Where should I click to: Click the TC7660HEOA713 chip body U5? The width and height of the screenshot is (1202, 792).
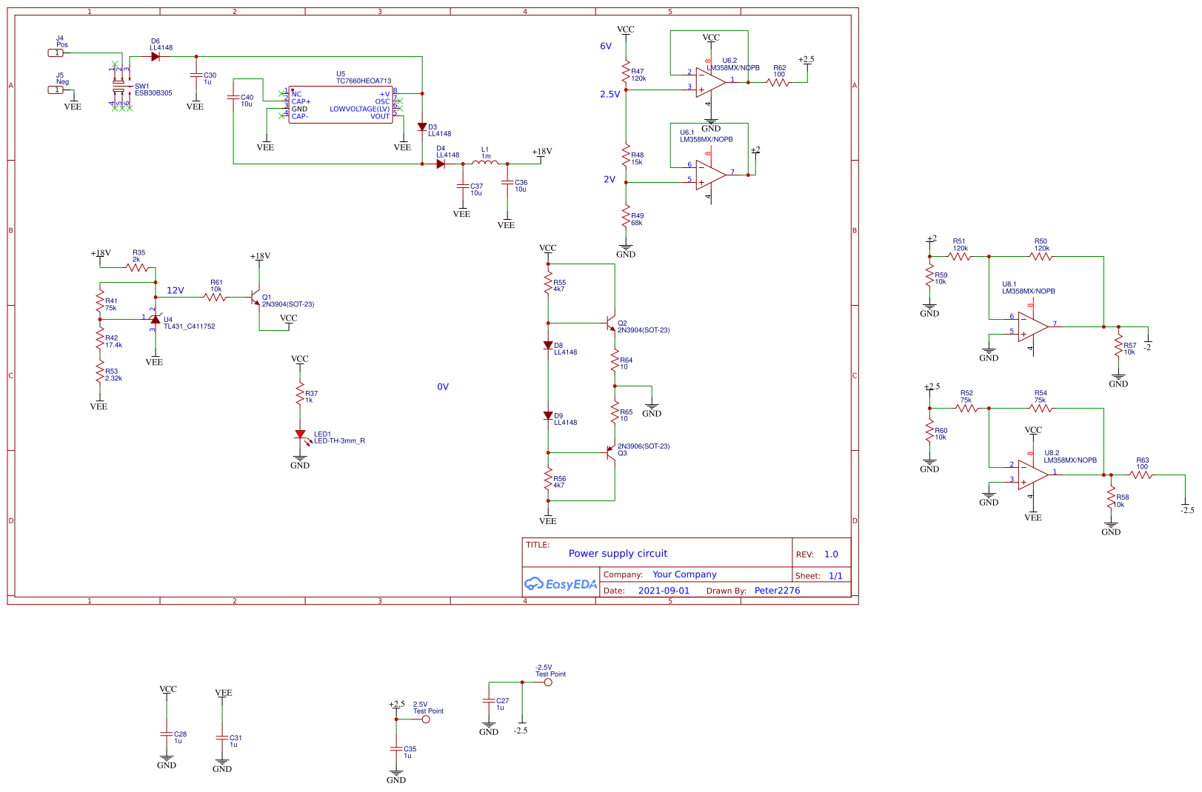click(341, 104)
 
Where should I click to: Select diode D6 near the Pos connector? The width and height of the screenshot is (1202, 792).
click(155, 56)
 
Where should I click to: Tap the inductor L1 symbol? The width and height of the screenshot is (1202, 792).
click(485, 163)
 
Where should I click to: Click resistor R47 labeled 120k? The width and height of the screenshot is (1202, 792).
click(626, 72)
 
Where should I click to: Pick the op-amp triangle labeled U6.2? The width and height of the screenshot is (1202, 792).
click(710, 81)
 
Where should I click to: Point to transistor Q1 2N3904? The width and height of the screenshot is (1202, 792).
click(256, 298)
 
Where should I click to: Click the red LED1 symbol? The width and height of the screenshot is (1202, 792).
click(300, 434)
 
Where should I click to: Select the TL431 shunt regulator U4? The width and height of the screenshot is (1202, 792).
click(155, 319)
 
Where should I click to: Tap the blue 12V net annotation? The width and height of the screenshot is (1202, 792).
click(175, 290)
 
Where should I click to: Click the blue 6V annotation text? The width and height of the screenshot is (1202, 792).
click(606, 46)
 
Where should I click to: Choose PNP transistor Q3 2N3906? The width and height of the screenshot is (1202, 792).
click(611, 452)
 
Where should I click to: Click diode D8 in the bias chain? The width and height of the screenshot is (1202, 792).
click(548, 345)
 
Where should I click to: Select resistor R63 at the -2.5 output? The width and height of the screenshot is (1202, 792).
click(1141, 474)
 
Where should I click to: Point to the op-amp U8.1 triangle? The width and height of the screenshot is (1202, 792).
click(1032, 326)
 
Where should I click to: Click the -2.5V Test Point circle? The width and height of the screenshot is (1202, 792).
click(548, 682)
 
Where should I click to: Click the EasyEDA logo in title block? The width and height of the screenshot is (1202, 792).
click(560, 584)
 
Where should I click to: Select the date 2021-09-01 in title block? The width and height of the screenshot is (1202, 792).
click(663, 591)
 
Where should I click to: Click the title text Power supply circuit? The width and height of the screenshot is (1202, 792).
click(618, 554)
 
